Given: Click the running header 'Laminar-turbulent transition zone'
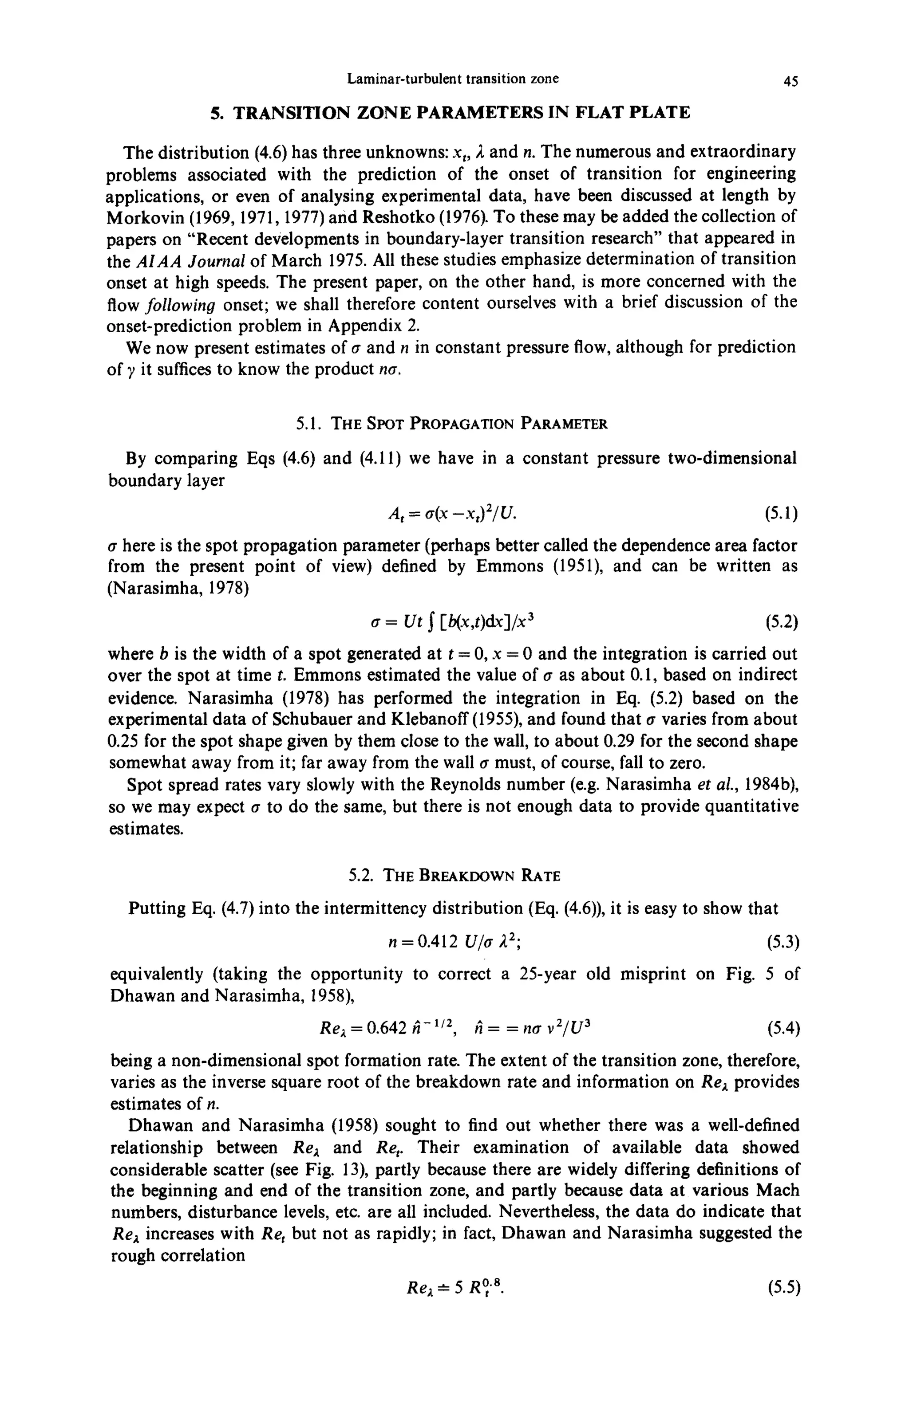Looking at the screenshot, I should pyautogui.click(x=453, y=79).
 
